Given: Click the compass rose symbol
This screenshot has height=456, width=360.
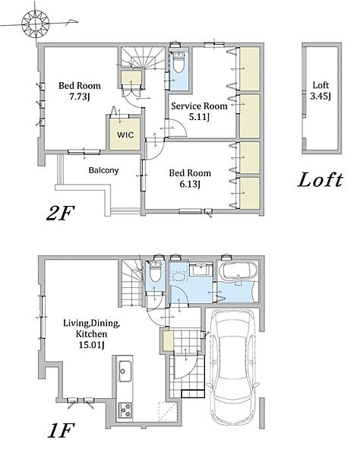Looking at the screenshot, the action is pyautogui.click(x=35, y=24).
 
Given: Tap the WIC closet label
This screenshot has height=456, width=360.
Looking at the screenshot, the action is pyautogui.click(x=125, y=135).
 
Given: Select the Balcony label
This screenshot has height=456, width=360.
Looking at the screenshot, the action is pyautogui.click(x=103, y=170).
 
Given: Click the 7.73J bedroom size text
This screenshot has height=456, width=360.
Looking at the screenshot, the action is pyautogui.click(x=79, y=97).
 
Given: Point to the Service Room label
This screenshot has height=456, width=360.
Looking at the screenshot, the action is pyautogui.click(x=199, y=106).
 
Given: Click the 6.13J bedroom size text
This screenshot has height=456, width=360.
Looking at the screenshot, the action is pyautogui.click(x=190, y=184).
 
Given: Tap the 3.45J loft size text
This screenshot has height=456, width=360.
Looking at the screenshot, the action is pyautogui.click(x=321, y=96).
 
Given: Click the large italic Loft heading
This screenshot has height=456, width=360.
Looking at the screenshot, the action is pyautogui.click(x=320, y=180).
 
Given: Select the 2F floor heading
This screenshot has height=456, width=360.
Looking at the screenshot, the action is pyautogui.click(x=61, y=213).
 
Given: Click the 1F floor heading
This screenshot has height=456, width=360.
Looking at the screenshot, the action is pyautogui.click(x=61, y=431).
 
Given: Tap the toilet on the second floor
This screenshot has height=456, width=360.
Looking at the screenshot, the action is pyautogui.click(x=178, y=62).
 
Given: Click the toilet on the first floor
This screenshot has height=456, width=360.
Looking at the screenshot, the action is pyautogui.click(x=155, y=271).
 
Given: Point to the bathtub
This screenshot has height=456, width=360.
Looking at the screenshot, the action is pyautogui.click(x=238, y=271).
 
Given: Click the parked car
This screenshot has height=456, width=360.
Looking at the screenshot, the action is pyautogui.click(x=232, y=366).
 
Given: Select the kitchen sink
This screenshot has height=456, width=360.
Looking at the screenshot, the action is pyautogui.click(x=125, y=371).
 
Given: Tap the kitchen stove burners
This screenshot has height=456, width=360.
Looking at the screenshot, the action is pyautogui.click(x=125, y=410).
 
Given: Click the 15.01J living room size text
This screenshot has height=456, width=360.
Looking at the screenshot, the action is pyautogui.click(x=92, y=345).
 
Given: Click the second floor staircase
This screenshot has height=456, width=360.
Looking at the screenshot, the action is pyautogui.click(x=144, y=58).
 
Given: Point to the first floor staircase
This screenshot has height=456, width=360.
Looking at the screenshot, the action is pyautogui.click(x=131, y=283).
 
